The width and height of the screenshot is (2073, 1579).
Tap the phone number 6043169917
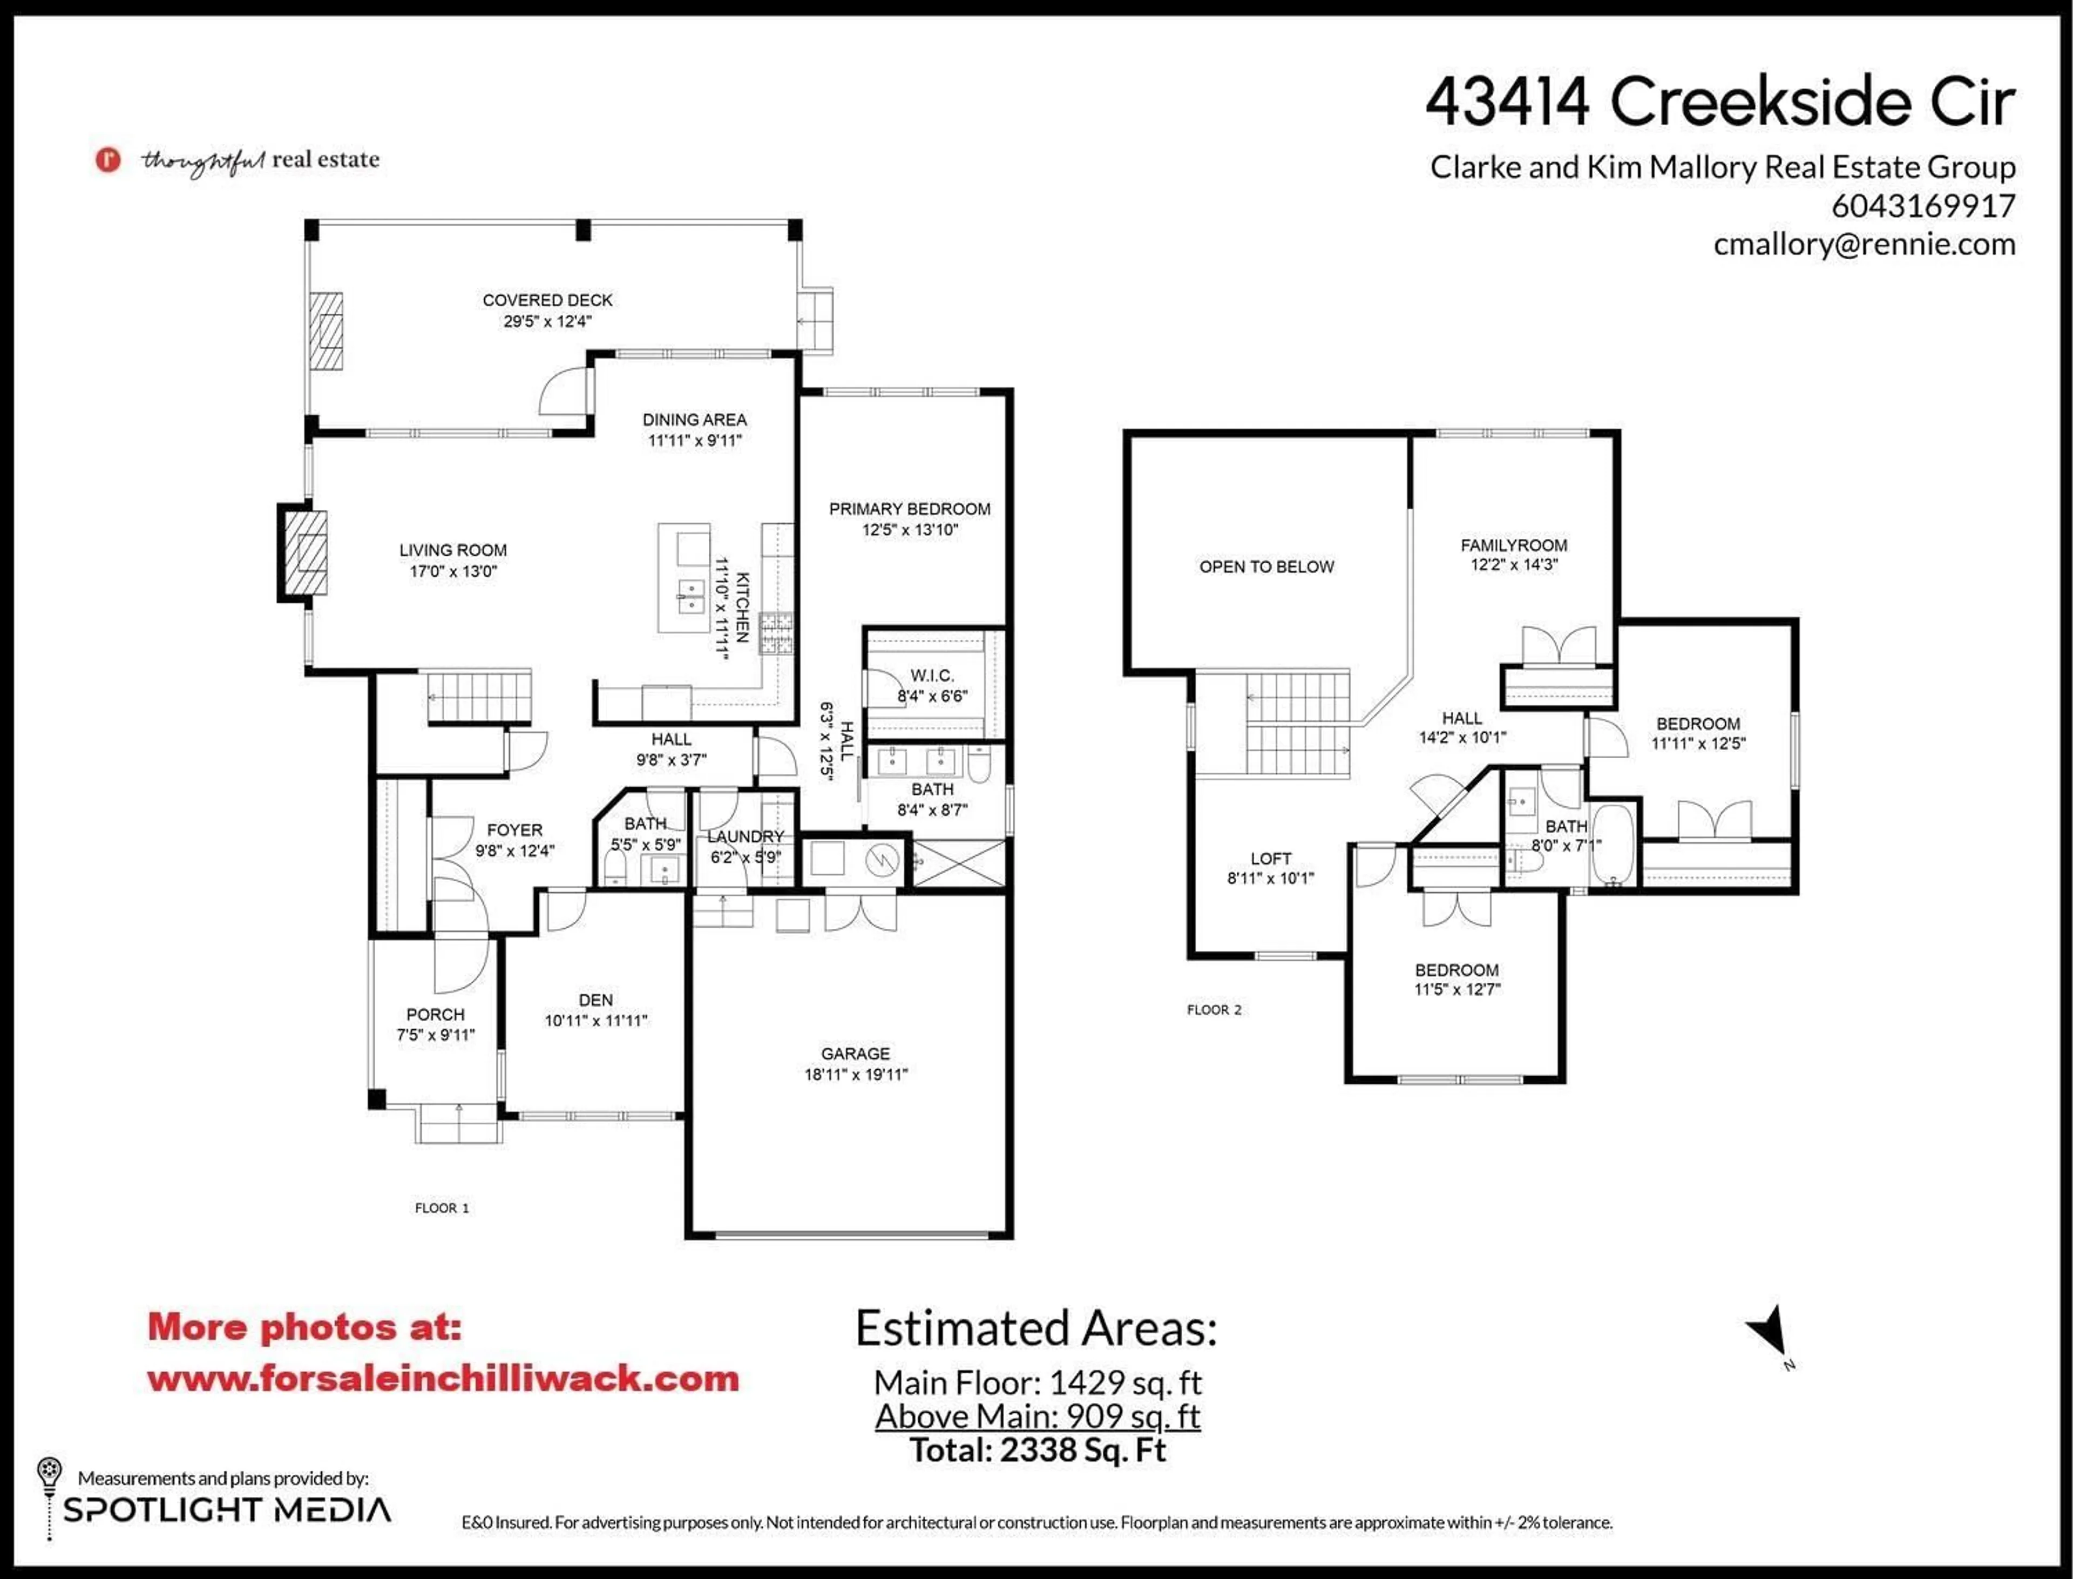click(1922, 206)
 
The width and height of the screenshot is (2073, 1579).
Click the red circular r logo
click(108, 160)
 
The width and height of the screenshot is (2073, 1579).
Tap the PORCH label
click(435, 1014)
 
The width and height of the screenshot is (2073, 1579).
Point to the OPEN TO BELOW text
click(1266, 567)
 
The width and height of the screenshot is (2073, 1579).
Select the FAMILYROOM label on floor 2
click(1513, 545)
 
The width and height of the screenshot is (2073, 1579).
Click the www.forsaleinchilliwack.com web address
click(443, 1379)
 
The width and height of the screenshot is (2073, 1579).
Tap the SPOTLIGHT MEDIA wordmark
click(227, 1510)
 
